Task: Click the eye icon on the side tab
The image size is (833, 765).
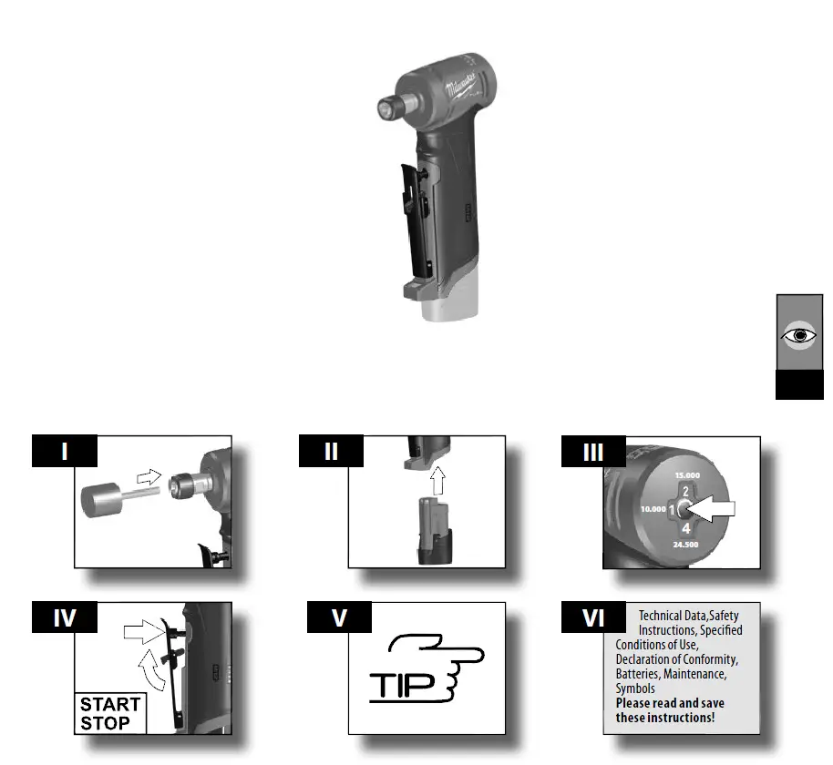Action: [x=800, y=334]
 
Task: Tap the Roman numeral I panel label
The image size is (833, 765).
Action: [x=65, y=452]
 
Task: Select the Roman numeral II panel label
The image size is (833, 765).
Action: [x=333, y=452]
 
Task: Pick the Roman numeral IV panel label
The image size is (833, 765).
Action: [x=65, y=618]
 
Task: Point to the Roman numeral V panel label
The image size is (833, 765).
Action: [x=339, y=618]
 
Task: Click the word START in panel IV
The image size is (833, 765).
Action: [x=110, y=704]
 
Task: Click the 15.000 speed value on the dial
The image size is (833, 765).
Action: [x=688, y=475]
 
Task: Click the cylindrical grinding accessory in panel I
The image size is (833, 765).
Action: [x=101, y=501]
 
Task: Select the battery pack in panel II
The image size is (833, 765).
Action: [x=434, y=533]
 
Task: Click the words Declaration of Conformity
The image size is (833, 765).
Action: [x=676, y=659]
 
